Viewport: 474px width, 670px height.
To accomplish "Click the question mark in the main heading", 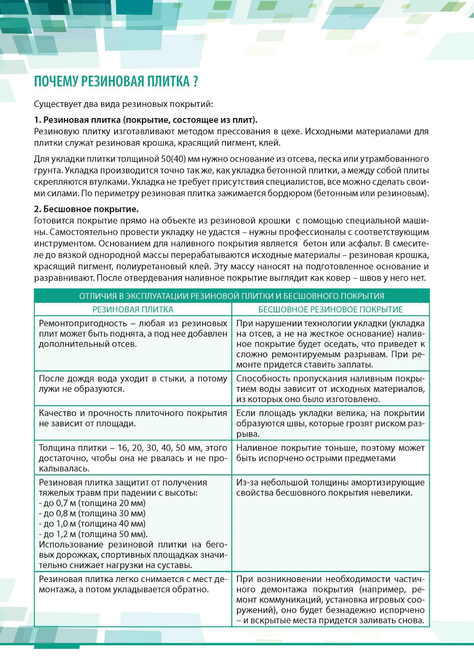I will (x=195, y=82).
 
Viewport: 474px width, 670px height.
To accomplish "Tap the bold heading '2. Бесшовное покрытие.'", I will (x=86, y=209).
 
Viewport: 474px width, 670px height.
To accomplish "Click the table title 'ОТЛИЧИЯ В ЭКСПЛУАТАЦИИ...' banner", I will (x=232, y=296).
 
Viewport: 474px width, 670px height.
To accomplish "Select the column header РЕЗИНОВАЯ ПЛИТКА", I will (x=133, y=309).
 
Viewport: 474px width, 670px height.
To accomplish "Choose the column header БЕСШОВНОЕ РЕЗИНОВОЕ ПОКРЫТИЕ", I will (x=330, y=309).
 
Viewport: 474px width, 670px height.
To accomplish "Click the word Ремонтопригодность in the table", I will (x=83, y=323).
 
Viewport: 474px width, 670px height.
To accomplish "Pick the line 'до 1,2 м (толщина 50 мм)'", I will (x=93, y=534).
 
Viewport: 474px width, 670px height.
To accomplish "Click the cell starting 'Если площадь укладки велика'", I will (x=330, y=423).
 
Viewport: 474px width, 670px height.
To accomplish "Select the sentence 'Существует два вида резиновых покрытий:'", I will (x=123, y=104).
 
